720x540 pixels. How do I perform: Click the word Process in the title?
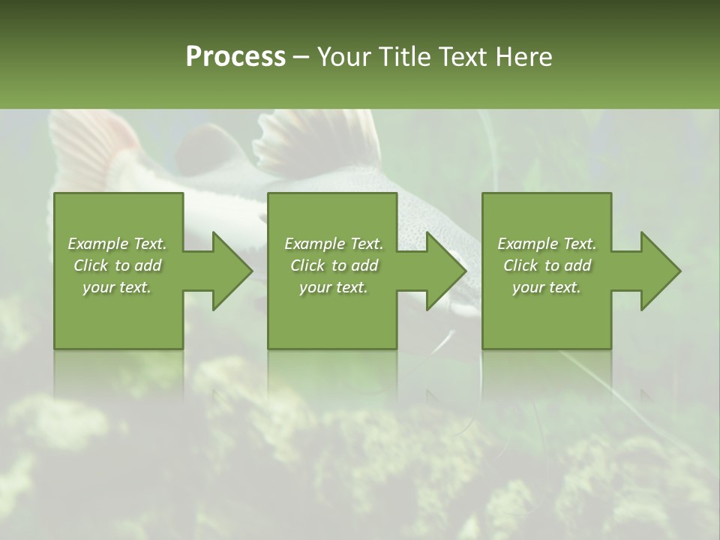(235, 57)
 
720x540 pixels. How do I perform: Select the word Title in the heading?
(403, 57)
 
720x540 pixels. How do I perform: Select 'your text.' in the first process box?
(117, 287)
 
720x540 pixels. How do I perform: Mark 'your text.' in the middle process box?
(334, 287)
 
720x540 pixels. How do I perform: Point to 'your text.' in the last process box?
(547, 287)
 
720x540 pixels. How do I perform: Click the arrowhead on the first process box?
(229, 271)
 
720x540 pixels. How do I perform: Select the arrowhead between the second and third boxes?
(443, 271)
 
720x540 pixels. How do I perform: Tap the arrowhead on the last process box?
(657, 271)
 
